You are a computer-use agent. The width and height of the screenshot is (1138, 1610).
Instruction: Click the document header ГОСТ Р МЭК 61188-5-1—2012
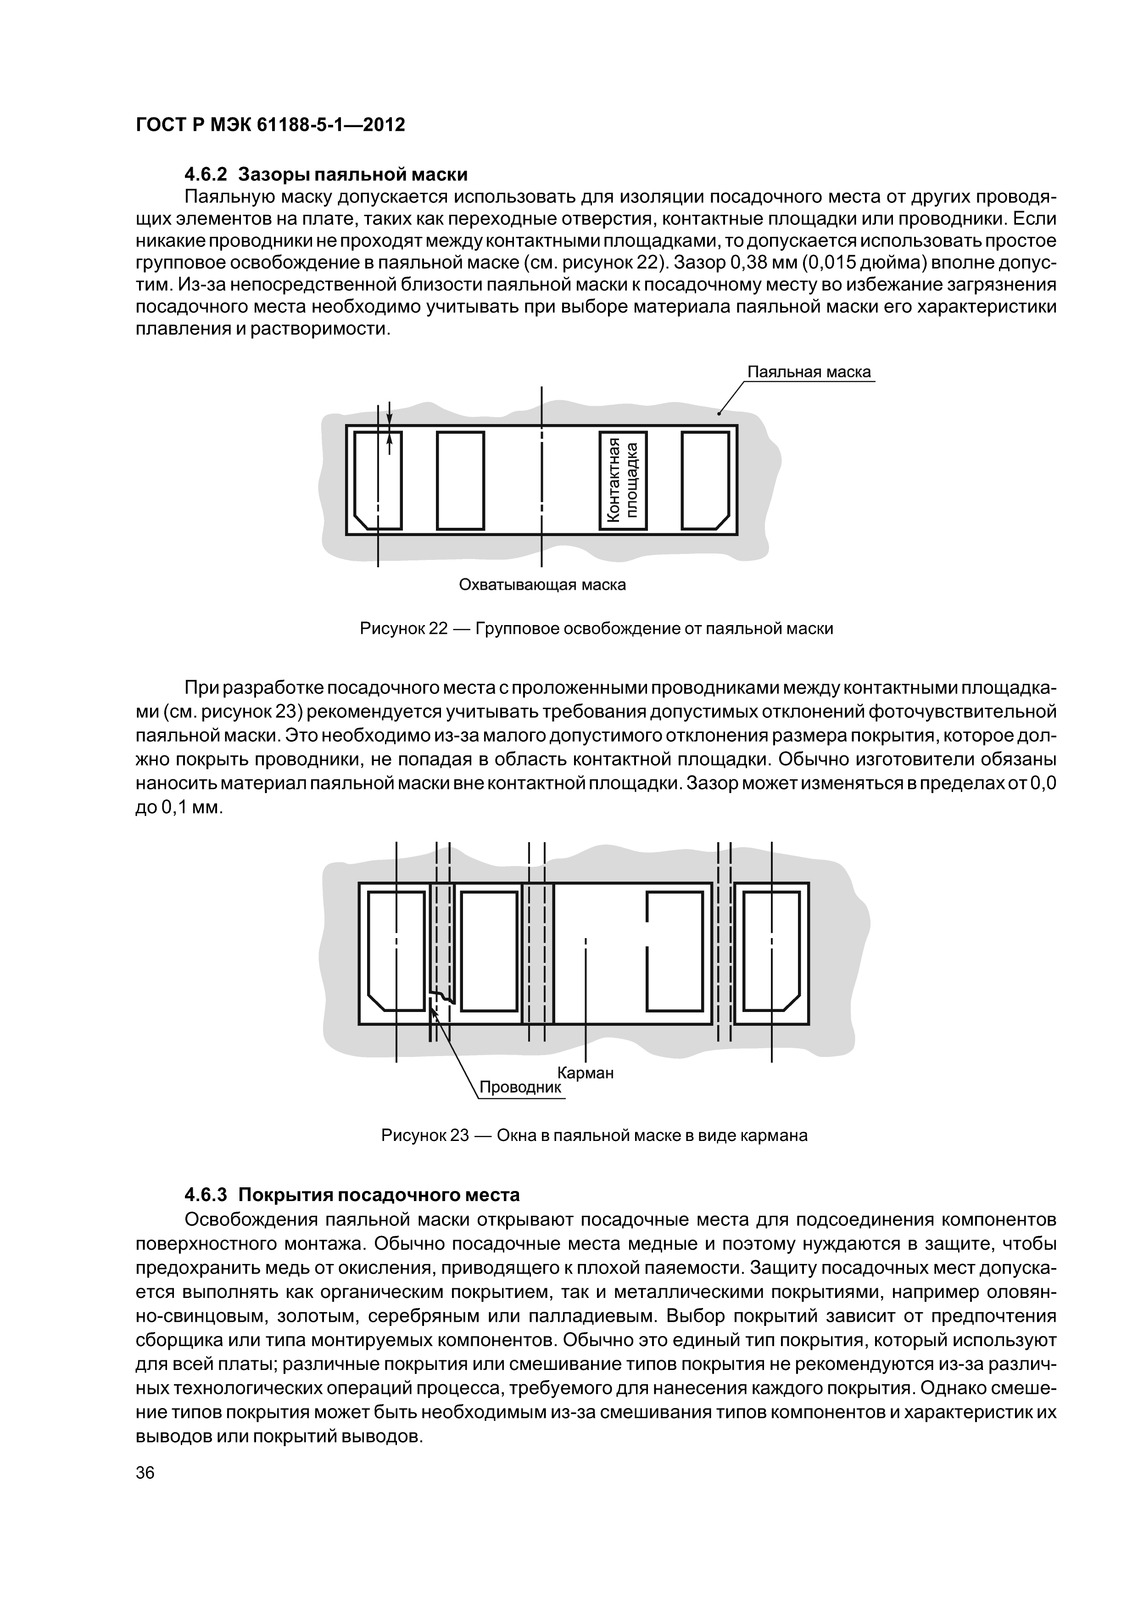[x=270, y=125]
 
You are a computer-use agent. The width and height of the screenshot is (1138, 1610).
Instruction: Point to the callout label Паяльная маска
[x=809, y=372]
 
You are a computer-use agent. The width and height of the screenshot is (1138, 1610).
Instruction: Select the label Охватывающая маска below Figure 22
[x=542, y=584]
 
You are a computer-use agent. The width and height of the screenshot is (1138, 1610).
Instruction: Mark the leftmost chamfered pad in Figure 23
[x=396, y=950]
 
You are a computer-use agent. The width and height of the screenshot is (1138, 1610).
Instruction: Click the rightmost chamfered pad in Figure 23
[x=771, y=950]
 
